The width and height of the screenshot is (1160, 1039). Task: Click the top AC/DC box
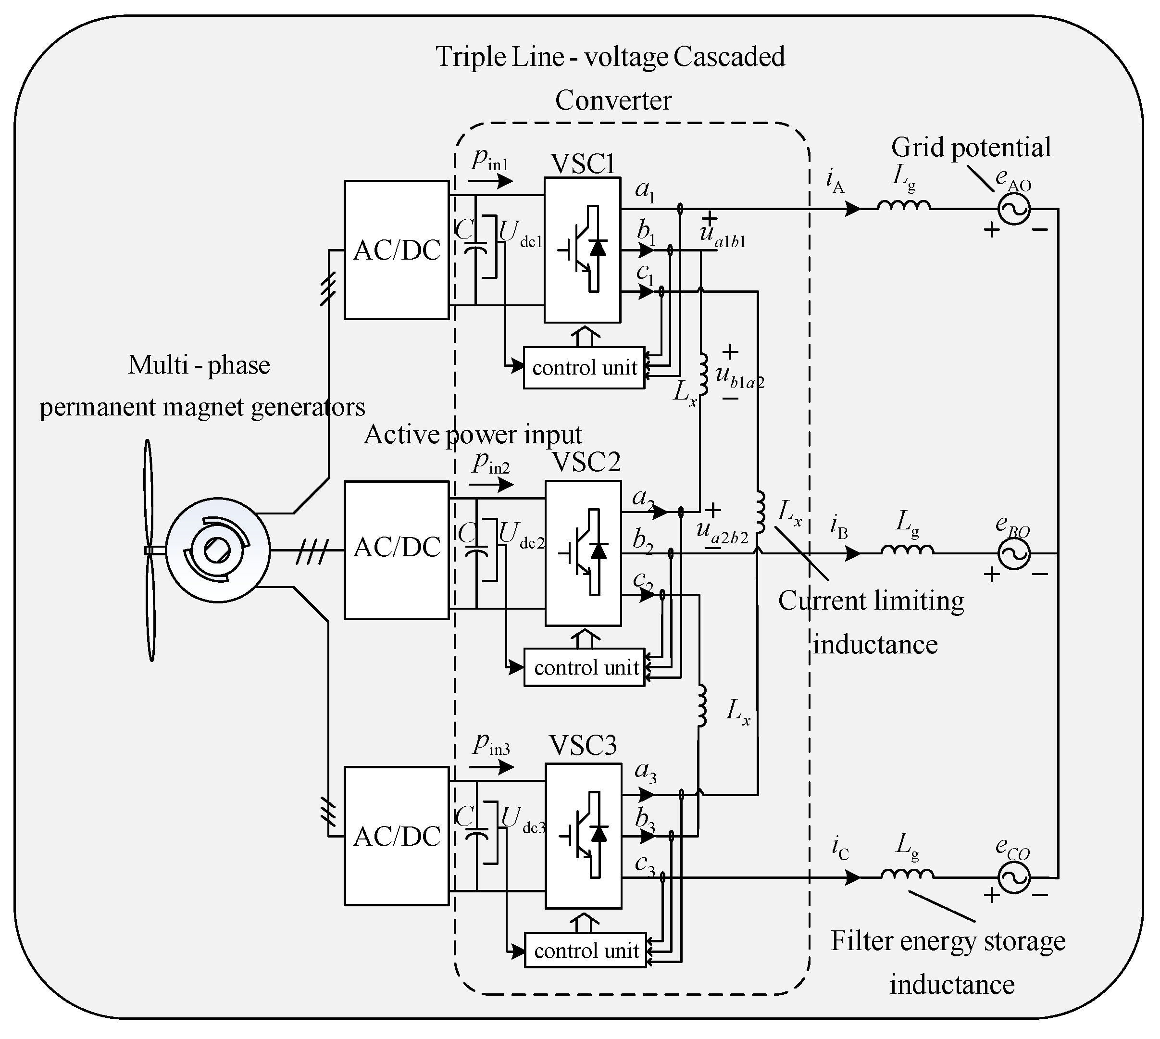click(396, 250)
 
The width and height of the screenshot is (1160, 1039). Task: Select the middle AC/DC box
click(396, 549)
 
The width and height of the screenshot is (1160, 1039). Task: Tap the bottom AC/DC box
click(396, 836)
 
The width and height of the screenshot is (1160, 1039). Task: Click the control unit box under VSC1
click(584, 368)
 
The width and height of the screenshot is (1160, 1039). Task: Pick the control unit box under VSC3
click(585, 951)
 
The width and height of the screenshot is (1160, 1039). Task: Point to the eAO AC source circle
click(1014, 210)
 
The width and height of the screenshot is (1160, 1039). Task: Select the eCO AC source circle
click(1014, 877)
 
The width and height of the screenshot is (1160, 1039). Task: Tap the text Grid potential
click(971, 147)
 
